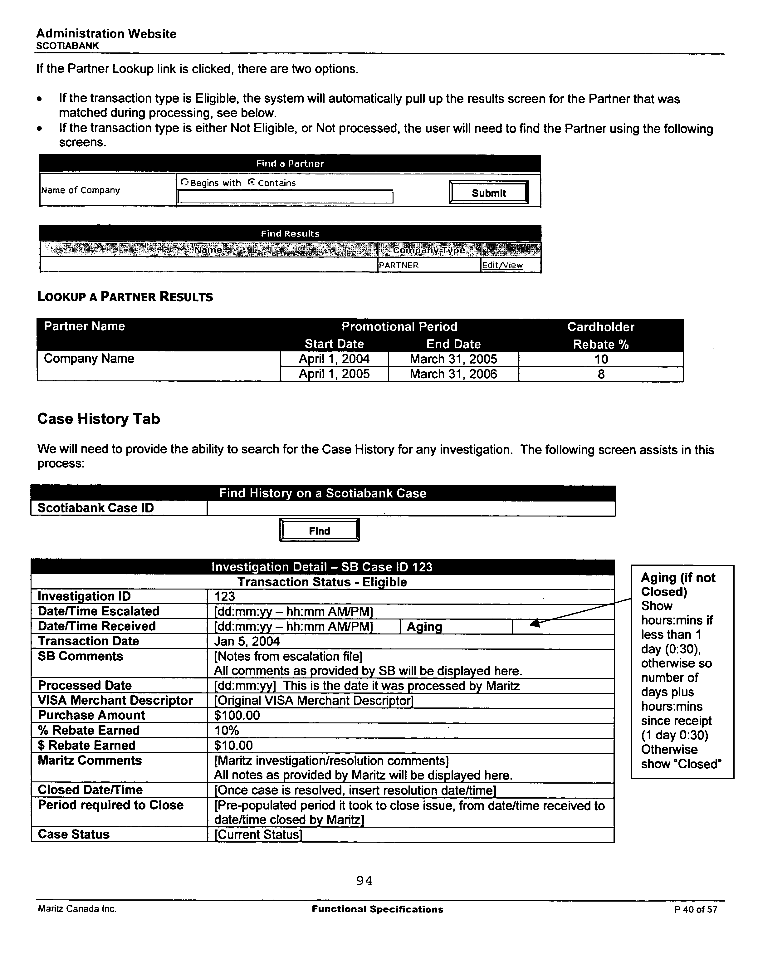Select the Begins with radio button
coord(185,182)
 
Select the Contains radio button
coord(252,182)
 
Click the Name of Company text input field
coord(285,197)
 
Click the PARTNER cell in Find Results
coord(398,265)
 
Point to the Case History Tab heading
coord(99,418)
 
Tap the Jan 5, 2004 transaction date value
coord(247,641)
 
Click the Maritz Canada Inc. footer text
coord(77,909)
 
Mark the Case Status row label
coord(74,834)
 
